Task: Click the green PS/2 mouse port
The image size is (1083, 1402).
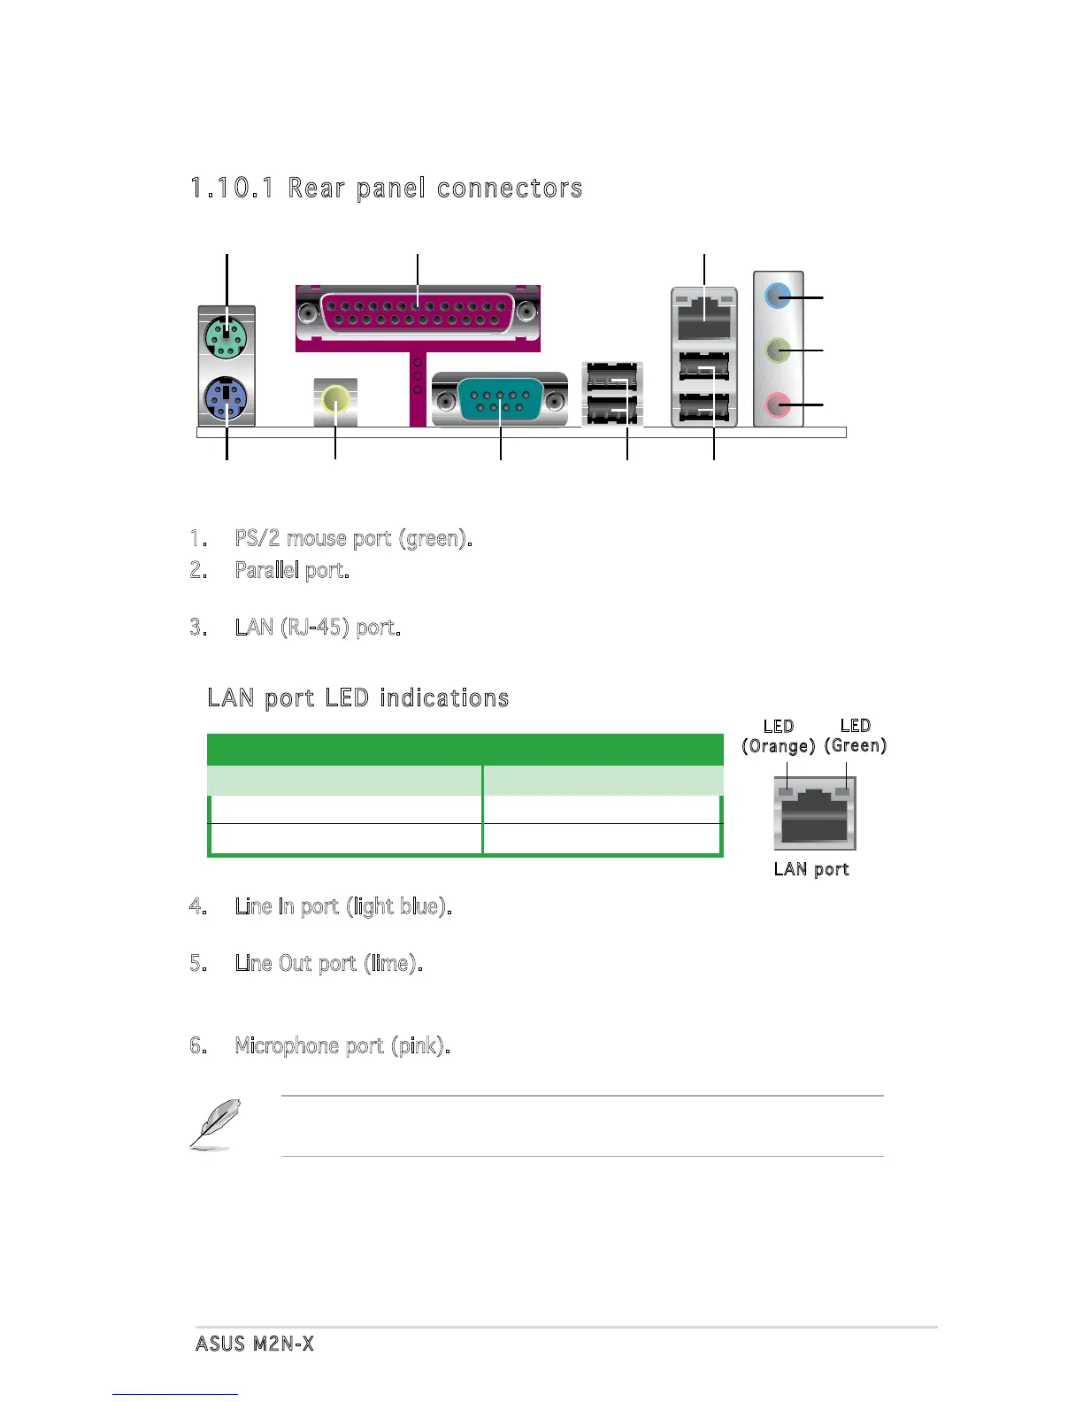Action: [227, 337]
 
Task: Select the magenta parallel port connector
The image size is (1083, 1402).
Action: [417, 313]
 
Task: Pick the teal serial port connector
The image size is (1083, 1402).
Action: [500, 400]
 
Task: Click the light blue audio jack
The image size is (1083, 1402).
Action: [777, 297]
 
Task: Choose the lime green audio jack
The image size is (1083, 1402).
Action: [777, 351]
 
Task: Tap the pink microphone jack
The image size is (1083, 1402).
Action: [777, 405]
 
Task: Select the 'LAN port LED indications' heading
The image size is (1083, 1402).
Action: [357, 698]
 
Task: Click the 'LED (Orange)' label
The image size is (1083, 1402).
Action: [778, 736]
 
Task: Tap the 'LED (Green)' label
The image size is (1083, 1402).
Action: [855, 736]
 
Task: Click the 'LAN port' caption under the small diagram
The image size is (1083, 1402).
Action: [811, 869]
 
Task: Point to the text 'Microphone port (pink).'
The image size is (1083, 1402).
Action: [342, 1046]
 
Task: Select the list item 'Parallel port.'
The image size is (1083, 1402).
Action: [291, 570]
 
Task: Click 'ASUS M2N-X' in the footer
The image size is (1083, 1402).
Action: [255, 1344]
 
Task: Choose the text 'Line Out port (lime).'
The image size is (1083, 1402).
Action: [328, 963]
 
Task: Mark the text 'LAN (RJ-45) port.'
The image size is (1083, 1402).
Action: [317, 628]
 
